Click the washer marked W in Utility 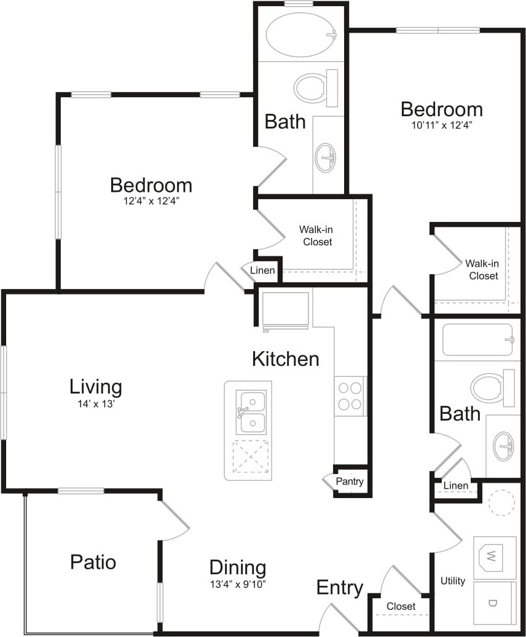[x=494, y=557]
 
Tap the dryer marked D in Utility [x=494, y=603]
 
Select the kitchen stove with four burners [x=350, y=396]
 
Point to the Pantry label [x=350, y=481]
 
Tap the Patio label [x=93, y=562]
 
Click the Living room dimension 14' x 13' [x=96, y=404]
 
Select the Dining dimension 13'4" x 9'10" [x=238, y=585]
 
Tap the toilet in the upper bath [x=316, y=88]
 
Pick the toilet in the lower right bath [x=493, y=389]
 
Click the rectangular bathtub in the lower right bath [x=478, y=339]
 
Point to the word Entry [x=340, y=588]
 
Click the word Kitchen [x=286, y=359]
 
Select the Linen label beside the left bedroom [x=262, y=270]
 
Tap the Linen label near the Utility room [x=455, y=486]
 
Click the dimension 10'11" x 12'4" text [x=442, y=125]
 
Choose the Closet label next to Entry [x=401, y=606]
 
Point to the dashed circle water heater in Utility [x=501, y=502]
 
